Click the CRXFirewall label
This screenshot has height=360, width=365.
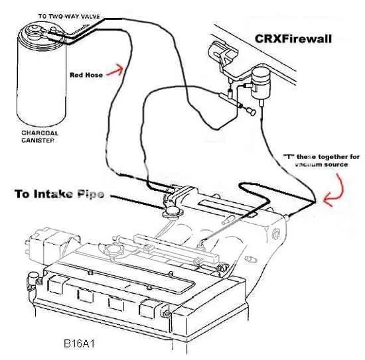click(293, 39)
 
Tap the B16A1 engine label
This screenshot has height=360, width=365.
click(79, 343)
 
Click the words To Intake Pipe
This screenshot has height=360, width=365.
click(60, 194)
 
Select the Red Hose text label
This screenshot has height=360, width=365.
click(86, 75)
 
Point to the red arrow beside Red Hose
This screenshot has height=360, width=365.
click(115, 70)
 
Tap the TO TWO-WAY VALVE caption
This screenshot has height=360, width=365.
click(69, 17)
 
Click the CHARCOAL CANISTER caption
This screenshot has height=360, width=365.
click(40, 137)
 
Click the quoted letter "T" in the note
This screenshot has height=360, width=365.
click(289, 156)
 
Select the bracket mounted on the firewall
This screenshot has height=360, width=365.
click(222, 54)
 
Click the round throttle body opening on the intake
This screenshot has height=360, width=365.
click(173, 210)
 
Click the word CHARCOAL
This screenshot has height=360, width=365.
click(40, 133)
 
